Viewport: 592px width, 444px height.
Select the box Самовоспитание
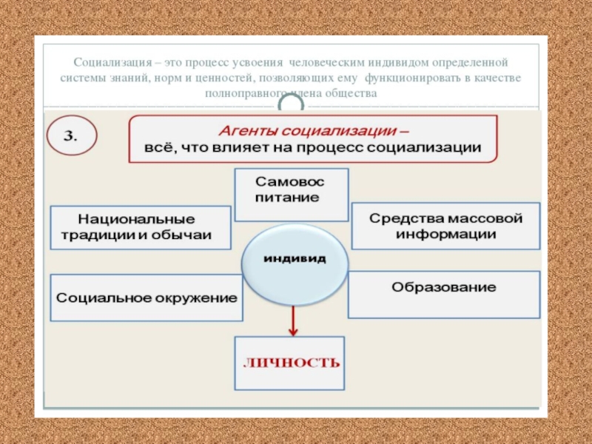pyautogui.click(x=291, y=193)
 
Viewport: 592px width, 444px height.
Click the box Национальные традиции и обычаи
pyautogui.click(x=140, y=228)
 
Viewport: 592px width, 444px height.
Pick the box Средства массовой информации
pyautogui.click(x=445, y=226)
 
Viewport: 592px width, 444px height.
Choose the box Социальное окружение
pyautogui.click(x=147, y=297)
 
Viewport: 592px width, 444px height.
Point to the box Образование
pyautogui.click(x=444, y=287)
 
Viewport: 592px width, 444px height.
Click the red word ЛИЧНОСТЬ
pyautogui.click(x=292, y=363)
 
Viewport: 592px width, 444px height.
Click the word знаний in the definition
pyautogui.click(x=131, y=78)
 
